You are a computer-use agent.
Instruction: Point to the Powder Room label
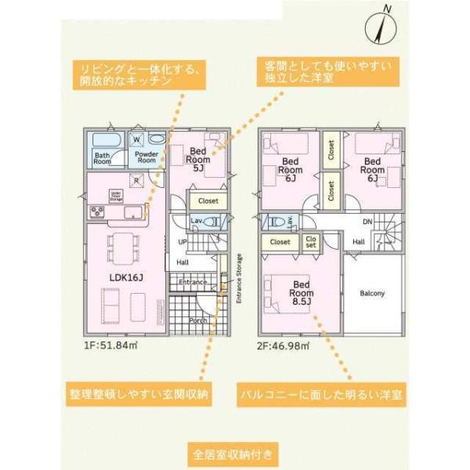click(x=146, y=156)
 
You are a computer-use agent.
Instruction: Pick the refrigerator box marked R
click(x=136, y=179)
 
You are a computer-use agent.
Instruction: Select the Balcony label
click(x=372, y=294)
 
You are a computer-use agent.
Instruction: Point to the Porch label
click(x=198, y=320)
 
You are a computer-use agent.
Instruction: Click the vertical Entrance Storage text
click(x=239, y=278)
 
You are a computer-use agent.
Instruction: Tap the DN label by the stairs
click(x=367, y=222)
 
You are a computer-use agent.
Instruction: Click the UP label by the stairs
click(x=182, y=241)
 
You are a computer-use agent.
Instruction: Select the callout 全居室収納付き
click(x=233, y=454)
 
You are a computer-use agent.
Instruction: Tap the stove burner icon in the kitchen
click(x=98, y=211)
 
